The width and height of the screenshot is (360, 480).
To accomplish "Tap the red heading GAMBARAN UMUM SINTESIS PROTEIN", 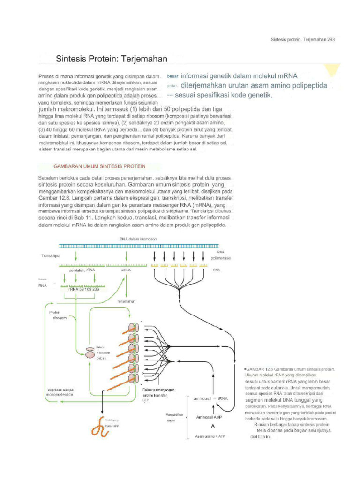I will pos(100,166).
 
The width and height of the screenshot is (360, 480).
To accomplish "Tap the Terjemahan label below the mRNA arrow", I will pos(126,302).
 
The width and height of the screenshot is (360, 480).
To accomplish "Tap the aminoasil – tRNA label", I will pos(210,398).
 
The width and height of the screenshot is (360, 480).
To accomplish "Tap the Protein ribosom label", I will pos(56,315).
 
